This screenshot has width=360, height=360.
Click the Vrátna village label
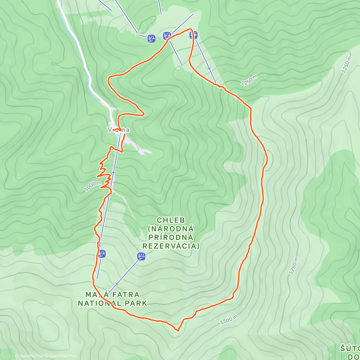tap(119, 130)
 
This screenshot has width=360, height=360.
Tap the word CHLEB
tap(171, 220)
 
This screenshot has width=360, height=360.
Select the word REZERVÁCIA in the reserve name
tap(171, 246)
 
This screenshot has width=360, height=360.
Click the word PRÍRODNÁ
tap(171, 238)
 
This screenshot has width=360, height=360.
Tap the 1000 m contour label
tap(92, 186)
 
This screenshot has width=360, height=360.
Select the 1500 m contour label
tap(229, 320)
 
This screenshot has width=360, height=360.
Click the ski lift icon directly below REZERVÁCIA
tap(142, 256)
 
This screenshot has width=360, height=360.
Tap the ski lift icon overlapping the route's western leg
tap(102, 254)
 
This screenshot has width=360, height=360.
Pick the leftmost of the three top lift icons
tap(151, 39)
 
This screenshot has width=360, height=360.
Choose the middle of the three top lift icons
tap(167, 36)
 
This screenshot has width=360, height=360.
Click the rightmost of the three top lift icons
tap(194, 35)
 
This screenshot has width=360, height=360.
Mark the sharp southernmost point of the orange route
tap(178, 331)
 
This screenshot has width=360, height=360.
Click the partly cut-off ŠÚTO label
tap(350, 349)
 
